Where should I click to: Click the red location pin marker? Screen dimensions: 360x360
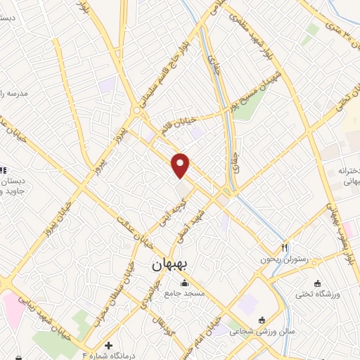[x=181, y=165]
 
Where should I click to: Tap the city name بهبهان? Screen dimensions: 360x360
[x=168, y=266]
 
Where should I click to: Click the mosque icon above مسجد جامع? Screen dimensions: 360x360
[x=184, y=283]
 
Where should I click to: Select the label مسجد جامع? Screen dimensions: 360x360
[x=184, y=293]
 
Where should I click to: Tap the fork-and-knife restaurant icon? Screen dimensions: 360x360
[x=285, y=247]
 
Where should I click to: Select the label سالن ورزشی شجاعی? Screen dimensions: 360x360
[x=262, y=330]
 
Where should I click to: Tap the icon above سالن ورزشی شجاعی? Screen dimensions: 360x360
[x=262, y=321]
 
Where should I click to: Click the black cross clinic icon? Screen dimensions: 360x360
[x=108, y=345]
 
